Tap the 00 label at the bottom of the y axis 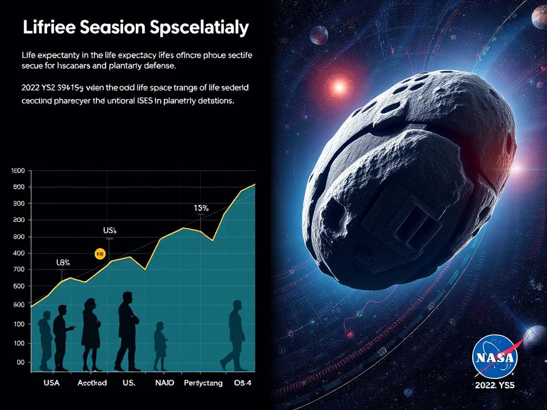20,362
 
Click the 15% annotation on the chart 201,208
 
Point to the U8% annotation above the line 64,263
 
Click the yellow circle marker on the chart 99,254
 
